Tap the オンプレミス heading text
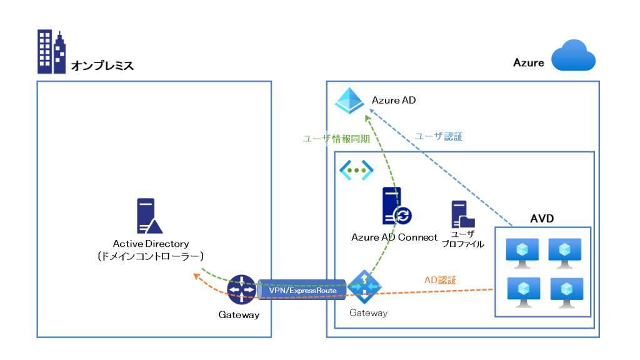pyautogui.click(x=102, y=65)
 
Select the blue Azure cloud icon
pyautogui.click(x=574, y=56)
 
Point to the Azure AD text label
pyautogui.click(x=394, y=100)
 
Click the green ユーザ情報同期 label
pyautogui.click(x=336, y=139)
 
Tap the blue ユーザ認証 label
pyautogui.click(x=439, y=136)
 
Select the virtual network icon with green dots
pyautogui.click(x=356, y=169)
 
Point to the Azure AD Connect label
pyautogui.click(x=394, y=237)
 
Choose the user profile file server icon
pyautogui.click(x=462, y=214)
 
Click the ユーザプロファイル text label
pyautogui.click(x=462, y=239)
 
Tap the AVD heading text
pyautogui.click(x=542, y=219)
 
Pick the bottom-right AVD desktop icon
pyautogui.click(x=566, y=291)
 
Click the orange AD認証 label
pyautogui.click(x=440, y=280)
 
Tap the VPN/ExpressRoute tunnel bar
pyautogui.click(x=302, y=291)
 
